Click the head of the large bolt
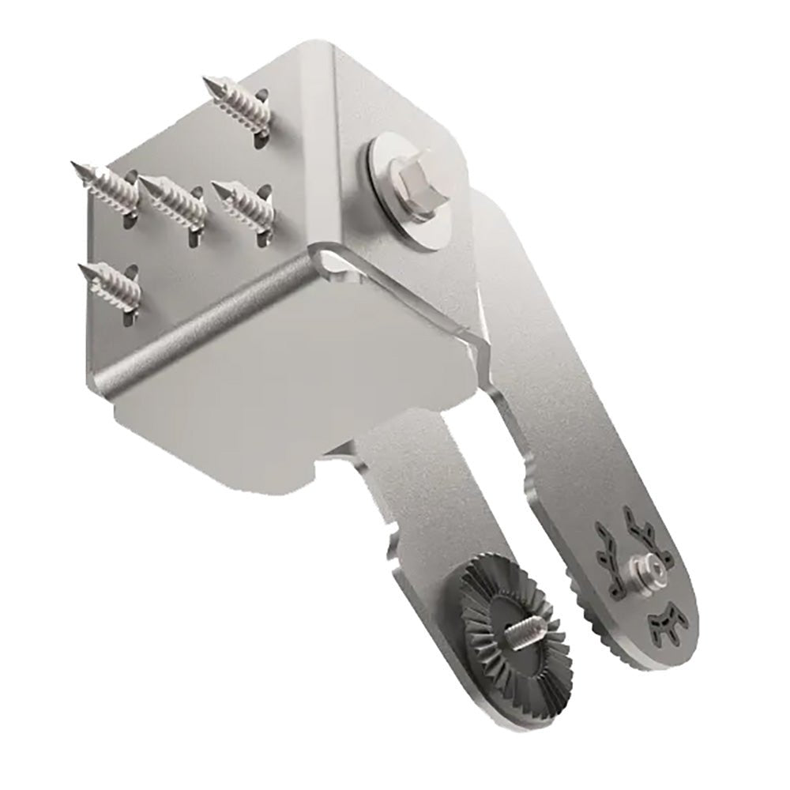pos(412,185)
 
